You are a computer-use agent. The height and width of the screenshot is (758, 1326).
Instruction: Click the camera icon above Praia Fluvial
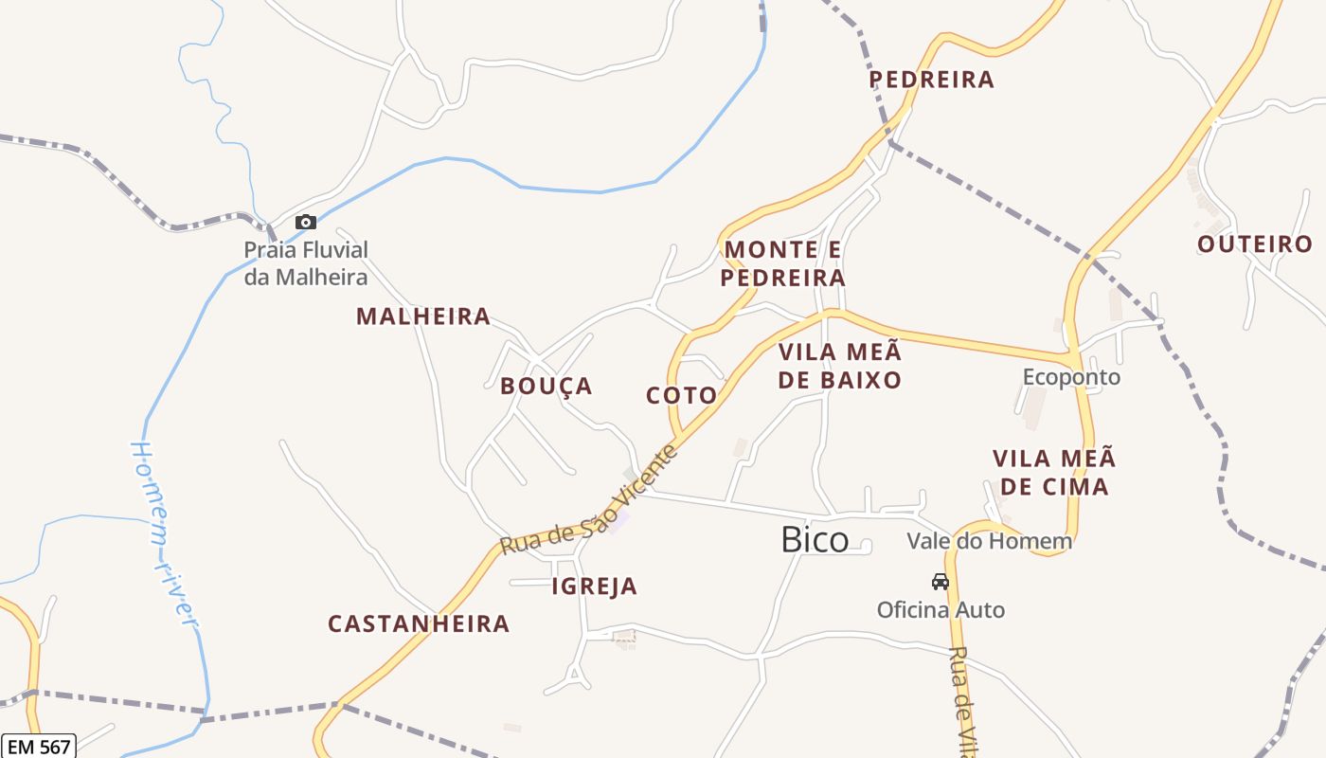click(x=306, y=223)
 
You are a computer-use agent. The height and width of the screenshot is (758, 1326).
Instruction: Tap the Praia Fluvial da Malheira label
click(x=306, y=263)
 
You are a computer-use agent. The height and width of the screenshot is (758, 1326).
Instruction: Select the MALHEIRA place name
click(x=423, y=316)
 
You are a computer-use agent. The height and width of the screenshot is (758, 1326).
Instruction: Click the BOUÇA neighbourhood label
click(x=547, y=386)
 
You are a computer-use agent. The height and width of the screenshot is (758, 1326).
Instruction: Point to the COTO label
click(x=681, y=395)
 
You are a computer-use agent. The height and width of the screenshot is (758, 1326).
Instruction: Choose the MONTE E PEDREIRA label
click(x=783, y=264)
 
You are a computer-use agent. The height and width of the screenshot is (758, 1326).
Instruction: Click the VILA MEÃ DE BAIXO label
click(x=840, y=367)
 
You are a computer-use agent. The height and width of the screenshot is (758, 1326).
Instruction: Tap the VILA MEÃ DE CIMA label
click(x=1054, y=473)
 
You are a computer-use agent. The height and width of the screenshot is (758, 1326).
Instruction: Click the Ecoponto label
click(x=1071, y=377)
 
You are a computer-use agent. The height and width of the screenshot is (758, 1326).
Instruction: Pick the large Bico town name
click(x=815, y=540)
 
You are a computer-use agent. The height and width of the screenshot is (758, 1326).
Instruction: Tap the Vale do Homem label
click(x=989, y=541)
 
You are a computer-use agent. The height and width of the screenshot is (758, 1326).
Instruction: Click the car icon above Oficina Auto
click(x=941, y=582)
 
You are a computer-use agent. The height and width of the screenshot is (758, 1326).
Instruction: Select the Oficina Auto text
click(x=941, y=609)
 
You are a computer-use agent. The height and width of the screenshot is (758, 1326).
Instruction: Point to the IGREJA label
click(x=595, y=587)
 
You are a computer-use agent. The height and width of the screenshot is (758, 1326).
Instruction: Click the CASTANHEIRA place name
click(x=419, y=623)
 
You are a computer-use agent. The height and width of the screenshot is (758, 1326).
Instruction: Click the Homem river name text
click(x=164, y=532)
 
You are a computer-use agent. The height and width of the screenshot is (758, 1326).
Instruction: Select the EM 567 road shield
click(x=38, y=747)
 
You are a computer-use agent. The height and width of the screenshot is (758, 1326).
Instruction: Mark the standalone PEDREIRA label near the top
click(x=932, y=80)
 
